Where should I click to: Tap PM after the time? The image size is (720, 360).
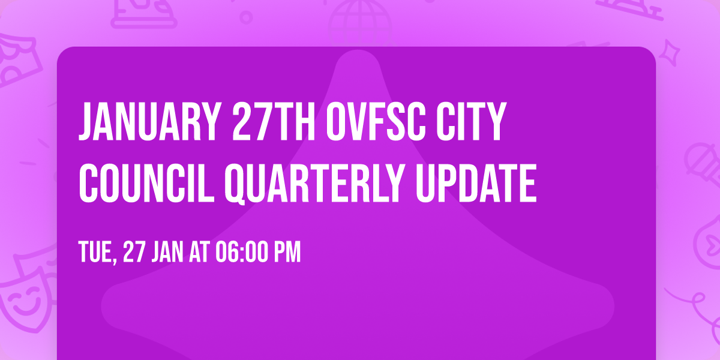[x=287, y=253]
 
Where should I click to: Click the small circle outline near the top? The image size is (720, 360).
[x=246, y=16]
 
